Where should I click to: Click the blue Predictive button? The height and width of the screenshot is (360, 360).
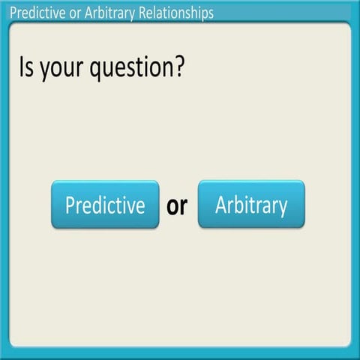(105, 204)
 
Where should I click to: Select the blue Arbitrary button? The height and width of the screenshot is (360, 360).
(251, 204)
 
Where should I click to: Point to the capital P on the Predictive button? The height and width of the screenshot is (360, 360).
(70, 204)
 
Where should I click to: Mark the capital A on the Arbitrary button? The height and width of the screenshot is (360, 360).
(221, 204)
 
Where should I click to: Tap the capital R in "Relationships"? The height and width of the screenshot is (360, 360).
(142, 13)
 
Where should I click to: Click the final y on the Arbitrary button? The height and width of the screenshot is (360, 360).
(282, 207)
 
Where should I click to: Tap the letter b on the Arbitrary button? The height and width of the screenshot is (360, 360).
(239, 203)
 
